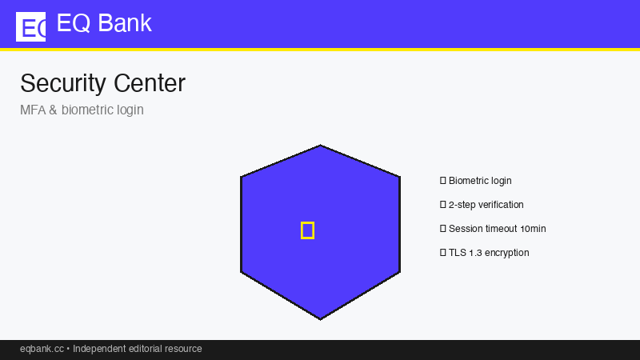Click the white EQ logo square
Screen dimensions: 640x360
pyautogui.click(x=30, y=26)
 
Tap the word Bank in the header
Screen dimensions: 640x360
pyautogui.click(x=125, y=23)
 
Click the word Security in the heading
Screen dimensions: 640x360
pyautogui.click(x=63, y=84)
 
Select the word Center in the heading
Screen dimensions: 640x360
pyautogui.click(x=150, y=83)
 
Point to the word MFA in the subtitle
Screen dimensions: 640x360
pyautogui.click(x=33, y=110)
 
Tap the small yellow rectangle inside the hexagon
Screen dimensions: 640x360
pyautogui.click(x=307, y=230)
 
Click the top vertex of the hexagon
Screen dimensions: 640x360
pyautogui.click(x=321, y=145)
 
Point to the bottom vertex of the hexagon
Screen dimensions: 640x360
pyautogui.click(x=321, y=319)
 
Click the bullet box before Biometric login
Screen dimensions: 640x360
pyautogui.click(x=443, y=181)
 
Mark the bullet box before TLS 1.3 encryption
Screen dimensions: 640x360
pyautogui.click(x=443, y=253)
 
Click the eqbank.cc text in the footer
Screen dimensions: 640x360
pyautogui.click(x=42, y=349)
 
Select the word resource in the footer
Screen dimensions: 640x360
pyautogui.click(x=186, y=349)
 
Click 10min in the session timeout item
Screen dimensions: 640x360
pyautogui.click(x=533, y=229)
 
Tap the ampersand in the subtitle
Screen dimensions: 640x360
pyautogui.click(x=53, y=110)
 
